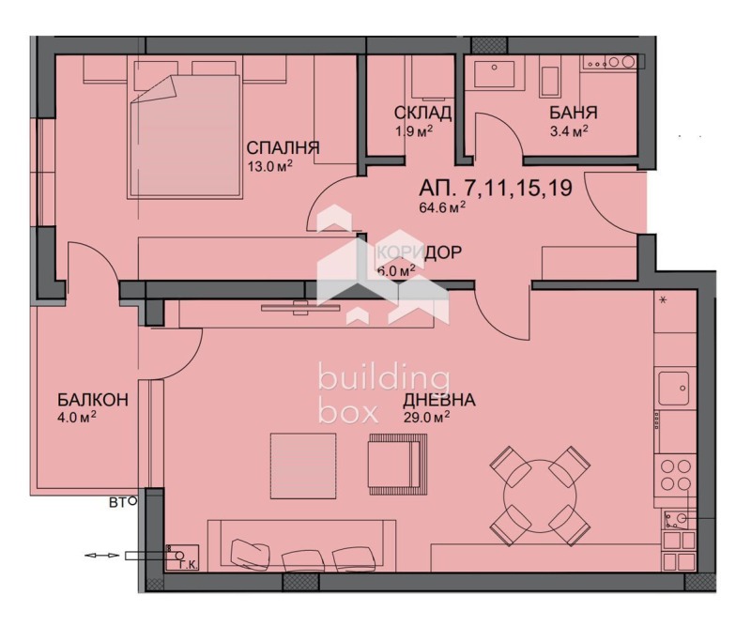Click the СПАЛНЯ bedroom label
tap(283, 148)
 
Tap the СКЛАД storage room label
tap(422, 114)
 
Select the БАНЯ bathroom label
tap(569, 114)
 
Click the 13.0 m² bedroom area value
tap(269, 167)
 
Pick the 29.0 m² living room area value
tap(427, 418)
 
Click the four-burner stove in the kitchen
tap(675, 474)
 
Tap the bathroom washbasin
tap(491, 75)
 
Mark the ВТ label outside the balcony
tap(119, 503)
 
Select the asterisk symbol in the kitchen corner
tap(663, 301)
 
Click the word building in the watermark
tap(383, 378)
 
